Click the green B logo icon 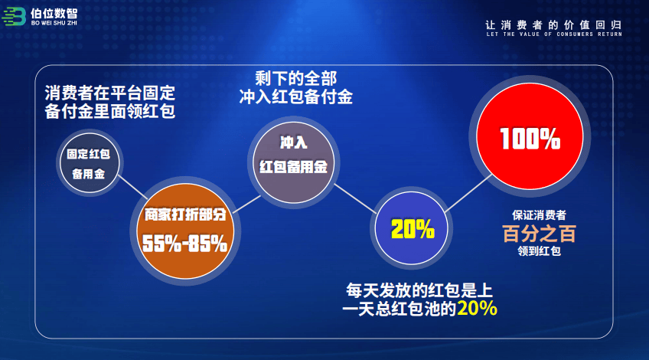pos(14,17)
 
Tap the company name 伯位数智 pos(54,14)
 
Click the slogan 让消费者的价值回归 pos(553,25)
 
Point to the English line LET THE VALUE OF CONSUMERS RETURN pos(554,34)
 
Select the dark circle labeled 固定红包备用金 pos(89,163)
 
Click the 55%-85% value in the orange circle pos(184,243)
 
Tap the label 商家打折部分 pos(185,214)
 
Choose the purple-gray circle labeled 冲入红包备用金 pos(293,162)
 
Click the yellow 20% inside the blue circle pos(413,229)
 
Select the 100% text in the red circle pos(530,139)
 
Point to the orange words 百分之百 pos(539,234)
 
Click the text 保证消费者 pos(539,215)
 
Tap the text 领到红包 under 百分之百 pos(539,251)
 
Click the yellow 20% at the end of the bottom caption pos(477,308)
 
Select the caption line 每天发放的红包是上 pos(419,290)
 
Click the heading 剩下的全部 pos(295,78)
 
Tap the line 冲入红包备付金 pos(295,97)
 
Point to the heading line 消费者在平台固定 pos(109,93)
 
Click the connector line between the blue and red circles pos(468,193)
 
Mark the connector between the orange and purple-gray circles pos(246,205)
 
